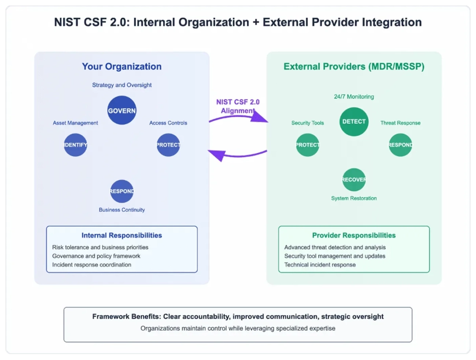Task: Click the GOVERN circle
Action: (x=122, y=110)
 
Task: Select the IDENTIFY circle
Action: (x=75, y=145)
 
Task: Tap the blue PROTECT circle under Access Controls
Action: (x=168, y=145)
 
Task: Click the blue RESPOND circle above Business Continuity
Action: (x=122, y=191)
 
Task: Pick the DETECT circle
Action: (x=354, y=121)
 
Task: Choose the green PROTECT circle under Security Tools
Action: (x=308, y=145)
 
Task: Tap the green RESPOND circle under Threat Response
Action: (x=400, y=145)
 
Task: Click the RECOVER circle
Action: (x=354, y=180)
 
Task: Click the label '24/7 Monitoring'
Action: (x=354, y=97)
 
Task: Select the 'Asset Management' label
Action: (x=75, y=123)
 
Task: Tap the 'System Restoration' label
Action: (x=354, y=198)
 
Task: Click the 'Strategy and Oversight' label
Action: (x=122, y=85)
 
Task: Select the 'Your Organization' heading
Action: (x=122, y=67)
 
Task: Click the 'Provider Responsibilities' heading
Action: (x=354, y=235)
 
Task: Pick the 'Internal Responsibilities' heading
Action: (x=122, y=235)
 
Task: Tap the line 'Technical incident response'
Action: (x=320, y=265)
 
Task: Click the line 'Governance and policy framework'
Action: (x=96, y=256)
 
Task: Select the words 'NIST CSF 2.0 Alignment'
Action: (x=238, y=106)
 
